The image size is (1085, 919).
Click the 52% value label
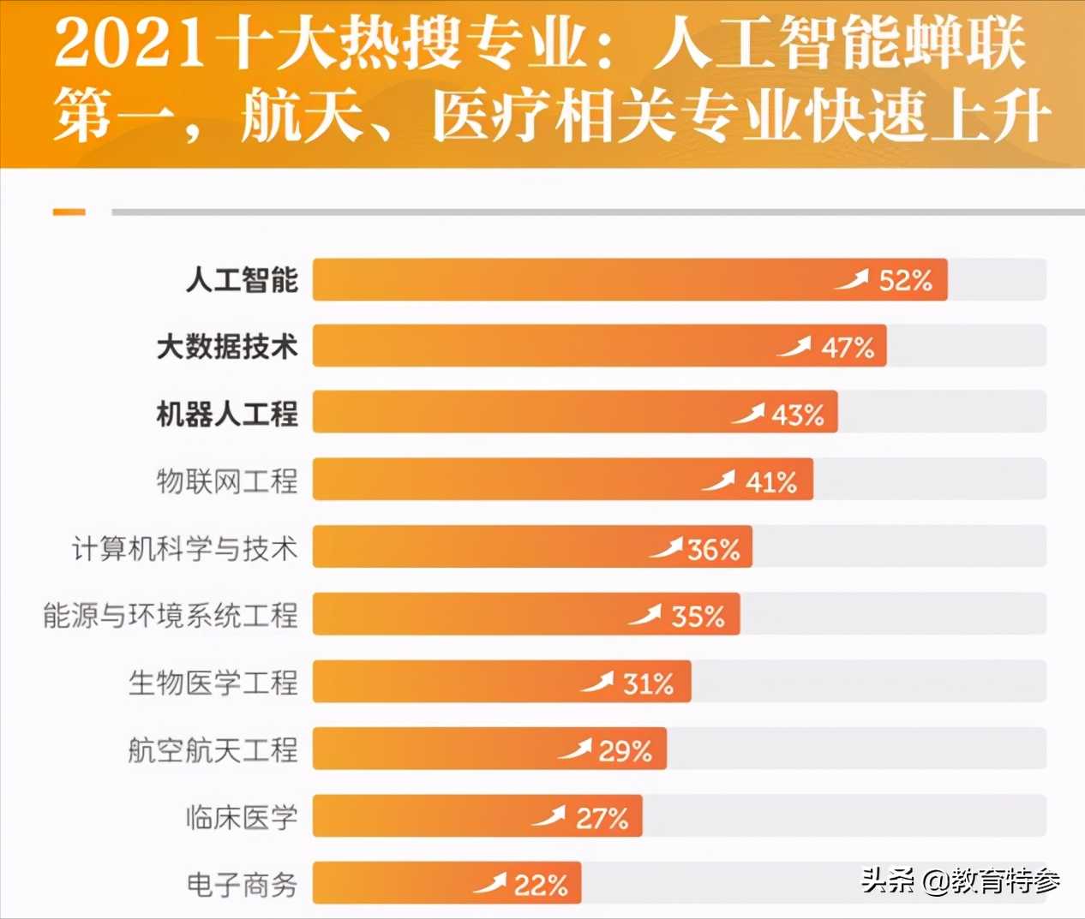pos(905,280)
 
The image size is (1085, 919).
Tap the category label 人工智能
pos(242,280)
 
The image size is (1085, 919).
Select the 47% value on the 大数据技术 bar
pos(848,347)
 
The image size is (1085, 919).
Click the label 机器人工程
pos(227,414)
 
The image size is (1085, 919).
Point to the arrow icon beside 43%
pos(748,414)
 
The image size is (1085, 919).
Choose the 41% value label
pos(771,482)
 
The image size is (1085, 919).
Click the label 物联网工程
pos(227,481)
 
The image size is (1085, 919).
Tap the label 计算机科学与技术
pos(184,548)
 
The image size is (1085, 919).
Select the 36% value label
pos(713,549)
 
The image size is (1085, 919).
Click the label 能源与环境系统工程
pos(171,615)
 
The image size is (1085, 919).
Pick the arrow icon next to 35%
pos(645,615)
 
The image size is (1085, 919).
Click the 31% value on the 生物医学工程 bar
pos(648,683)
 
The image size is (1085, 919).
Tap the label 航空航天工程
pos(213,750)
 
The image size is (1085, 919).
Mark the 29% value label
pos(625,751)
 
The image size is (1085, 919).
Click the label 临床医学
pos(242,817)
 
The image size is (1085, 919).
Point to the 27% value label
pos(602,819)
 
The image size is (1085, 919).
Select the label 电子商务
pos(242,884)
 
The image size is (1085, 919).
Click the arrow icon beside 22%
pos(490,883)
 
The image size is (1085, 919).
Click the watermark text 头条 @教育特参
pos(961,880)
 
